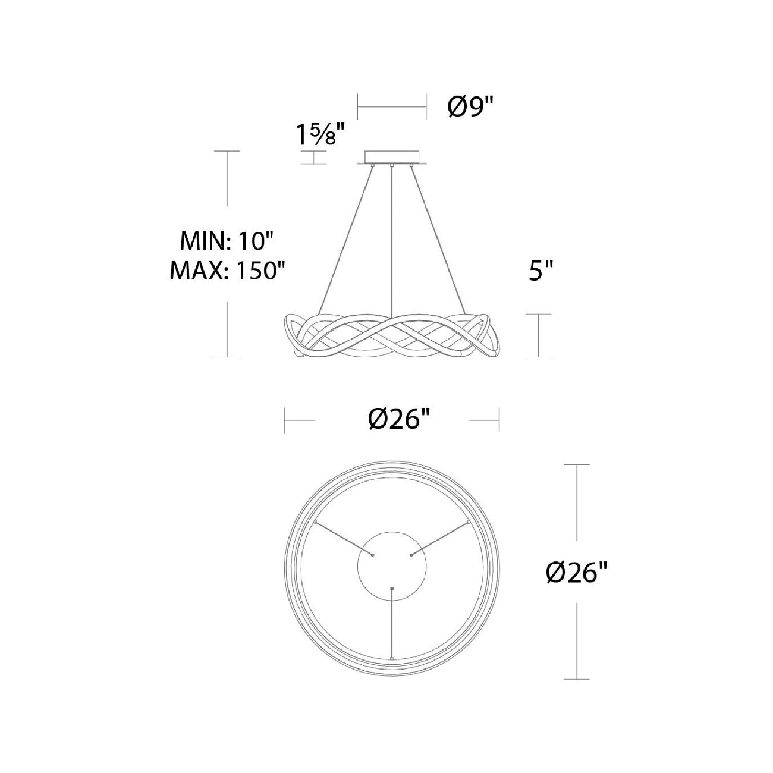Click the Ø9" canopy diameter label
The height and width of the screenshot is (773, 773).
click(470, 108)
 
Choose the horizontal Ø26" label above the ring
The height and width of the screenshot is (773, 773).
click(398, 420)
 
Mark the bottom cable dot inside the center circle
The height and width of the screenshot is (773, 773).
click(392, 588)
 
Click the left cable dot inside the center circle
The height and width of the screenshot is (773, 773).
click(373, 554)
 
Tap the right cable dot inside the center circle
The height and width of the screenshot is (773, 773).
click(411, 554)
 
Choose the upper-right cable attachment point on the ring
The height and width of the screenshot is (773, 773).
click(469, 521)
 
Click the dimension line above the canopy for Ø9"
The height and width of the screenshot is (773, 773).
click(392, 108)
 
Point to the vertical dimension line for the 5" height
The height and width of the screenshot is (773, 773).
click(538, 336)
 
